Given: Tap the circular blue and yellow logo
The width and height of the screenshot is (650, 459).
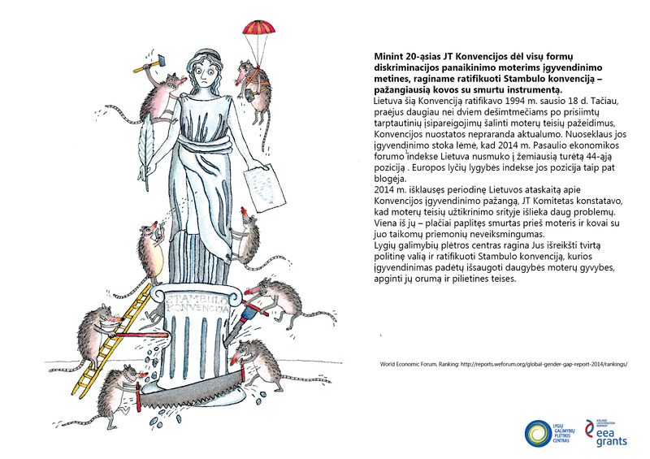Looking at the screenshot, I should click(538, 431).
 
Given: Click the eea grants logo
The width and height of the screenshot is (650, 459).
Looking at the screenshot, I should click(611, 431).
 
